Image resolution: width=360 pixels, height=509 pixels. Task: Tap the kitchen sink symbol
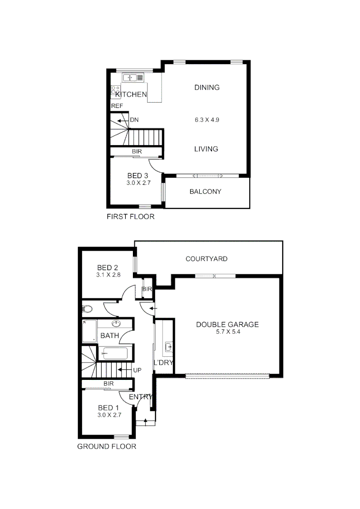[x=130, y=77]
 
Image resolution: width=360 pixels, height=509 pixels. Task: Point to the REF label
[x=117, y=106]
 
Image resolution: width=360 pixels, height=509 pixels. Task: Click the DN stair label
[x=134, y=120]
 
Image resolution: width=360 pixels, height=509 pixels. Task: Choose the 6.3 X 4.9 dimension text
[x=207, y=120]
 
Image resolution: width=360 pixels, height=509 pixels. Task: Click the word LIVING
[x=206, y=149]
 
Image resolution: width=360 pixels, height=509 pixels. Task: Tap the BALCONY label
[x=205, y=192]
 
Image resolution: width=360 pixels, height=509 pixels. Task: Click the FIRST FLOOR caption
[x=130, y=217]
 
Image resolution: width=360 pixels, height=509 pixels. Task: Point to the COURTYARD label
[x=206, y=259]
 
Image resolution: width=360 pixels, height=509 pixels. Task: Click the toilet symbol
[x=87, y=309]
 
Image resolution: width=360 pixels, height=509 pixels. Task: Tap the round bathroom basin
[x=117, y=323]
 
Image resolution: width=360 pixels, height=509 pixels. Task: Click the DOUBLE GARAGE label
[x=227, y=324]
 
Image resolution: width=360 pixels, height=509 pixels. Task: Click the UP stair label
[x=137, y=370]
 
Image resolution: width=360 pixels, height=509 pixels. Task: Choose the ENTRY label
[x=140, y=397]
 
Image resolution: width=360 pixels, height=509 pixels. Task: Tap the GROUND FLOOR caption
[x=106, y=446]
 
